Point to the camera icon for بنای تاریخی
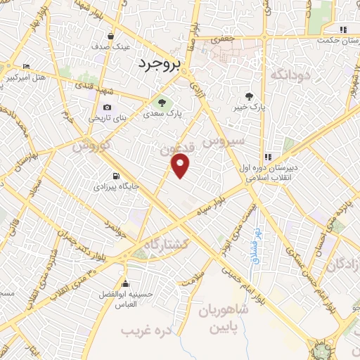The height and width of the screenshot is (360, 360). point(107,107)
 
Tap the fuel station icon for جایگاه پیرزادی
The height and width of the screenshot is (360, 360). point(115,176)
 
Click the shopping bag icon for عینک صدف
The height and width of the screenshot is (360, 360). point(111,35)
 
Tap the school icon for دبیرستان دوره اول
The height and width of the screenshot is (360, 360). point(267,157)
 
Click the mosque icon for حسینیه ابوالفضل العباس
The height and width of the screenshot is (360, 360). point(127,274)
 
